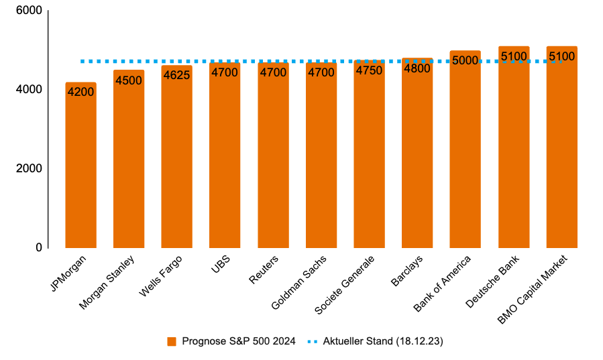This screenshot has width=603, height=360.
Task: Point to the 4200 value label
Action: tap(80, 90)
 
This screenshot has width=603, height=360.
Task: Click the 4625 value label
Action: tap(176, 74)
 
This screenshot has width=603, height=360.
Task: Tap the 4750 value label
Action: tap(369, 70)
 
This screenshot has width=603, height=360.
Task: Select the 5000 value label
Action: tap(465, 60)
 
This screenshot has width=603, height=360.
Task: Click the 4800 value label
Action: tap(417, 67)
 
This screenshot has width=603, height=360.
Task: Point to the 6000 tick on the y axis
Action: tap(29, 11)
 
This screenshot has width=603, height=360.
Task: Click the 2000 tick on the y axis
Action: tap(29, 169)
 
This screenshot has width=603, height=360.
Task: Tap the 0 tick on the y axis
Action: tap(39, 247)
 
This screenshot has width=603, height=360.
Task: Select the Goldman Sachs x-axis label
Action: tap(300, 282)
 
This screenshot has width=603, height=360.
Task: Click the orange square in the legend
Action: tap(172, 341)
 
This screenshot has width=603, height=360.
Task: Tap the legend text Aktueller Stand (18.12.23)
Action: tap(383, 341)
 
